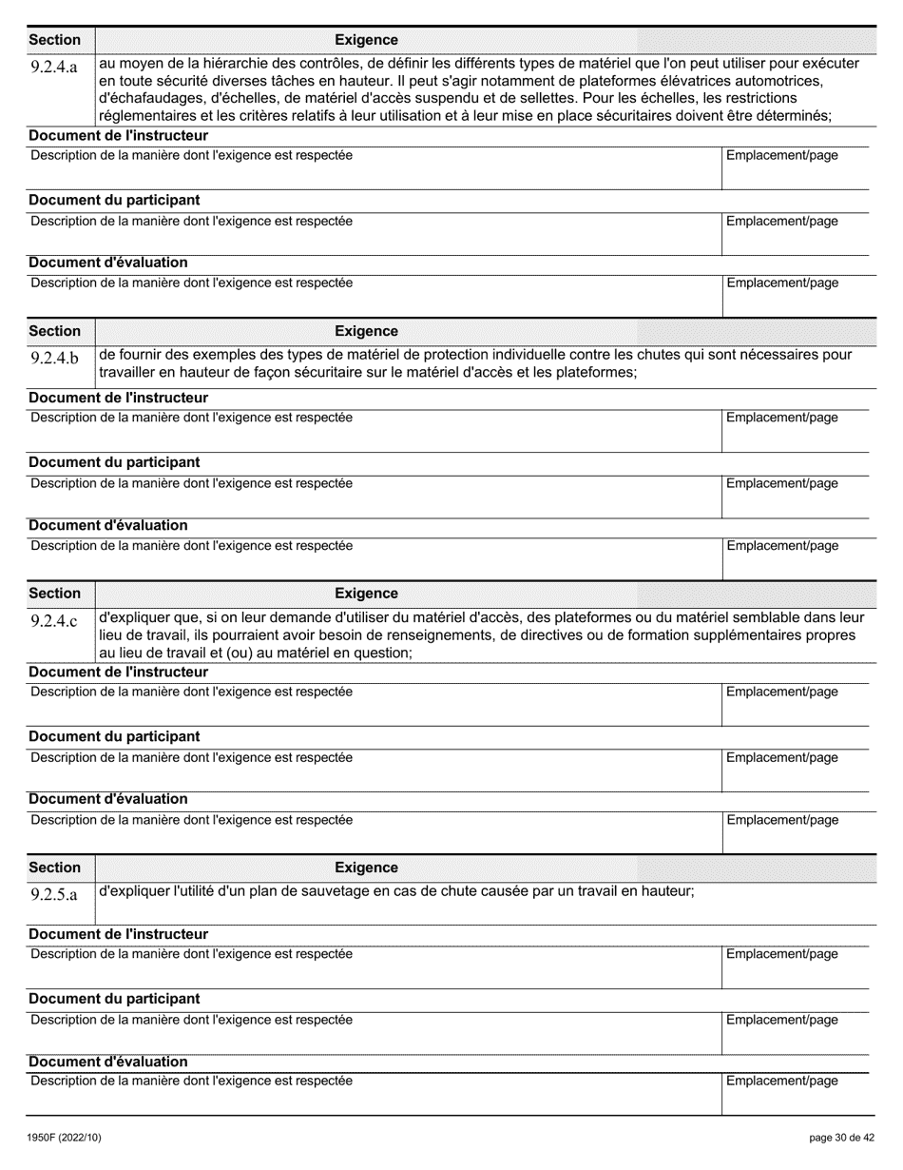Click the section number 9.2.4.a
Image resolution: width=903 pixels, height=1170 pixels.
pos(54,67)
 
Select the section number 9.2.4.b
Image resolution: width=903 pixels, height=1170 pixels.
pos(54,358)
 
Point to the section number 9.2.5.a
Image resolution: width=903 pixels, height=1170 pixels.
pos(54,894)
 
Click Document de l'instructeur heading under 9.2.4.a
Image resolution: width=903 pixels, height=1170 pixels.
pos(118,136)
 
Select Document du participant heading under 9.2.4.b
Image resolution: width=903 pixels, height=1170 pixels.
pos(114,462)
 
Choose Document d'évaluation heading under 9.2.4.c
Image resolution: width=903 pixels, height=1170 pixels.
pos(107,799)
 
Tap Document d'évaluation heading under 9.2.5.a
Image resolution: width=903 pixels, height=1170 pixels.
pos(107,1062)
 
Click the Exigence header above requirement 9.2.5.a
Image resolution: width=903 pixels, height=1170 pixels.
pos(366,868)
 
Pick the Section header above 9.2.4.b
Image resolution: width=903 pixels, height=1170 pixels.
pos(55,331)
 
